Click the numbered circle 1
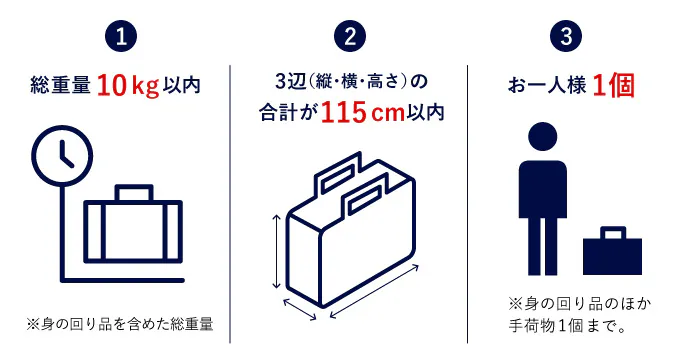coord(121,36)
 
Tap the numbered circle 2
coord(350,36)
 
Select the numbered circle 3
coord(566,36)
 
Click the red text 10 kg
coord(128,86)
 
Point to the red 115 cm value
coord(363,113)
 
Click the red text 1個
coord(613,85)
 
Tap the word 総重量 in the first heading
coord(60,85)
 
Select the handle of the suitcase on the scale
coord(134,193)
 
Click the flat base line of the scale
coord(123,280)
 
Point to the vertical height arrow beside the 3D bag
coord(276,252)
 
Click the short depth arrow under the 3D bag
coord(300,309)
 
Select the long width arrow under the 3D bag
coord(374,291)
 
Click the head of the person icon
coord(543,137)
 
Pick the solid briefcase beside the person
coord(612,251)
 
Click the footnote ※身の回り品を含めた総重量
coord(120,324)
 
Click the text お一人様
coord(547,85)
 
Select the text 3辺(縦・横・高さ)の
coord(351,81)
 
